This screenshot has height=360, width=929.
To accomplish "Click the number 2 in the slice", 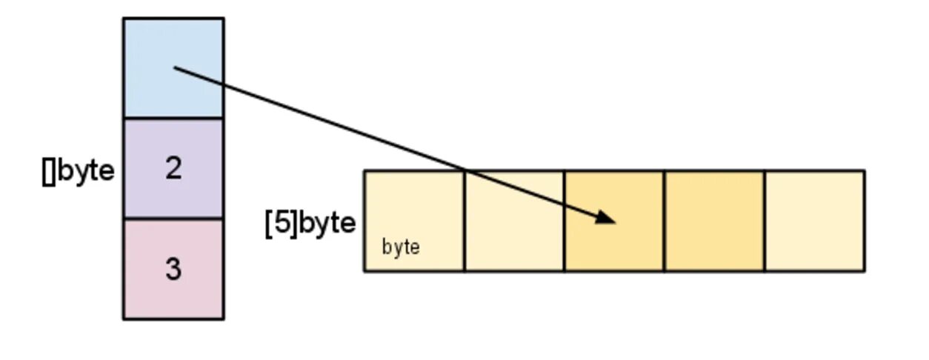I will point(173,169).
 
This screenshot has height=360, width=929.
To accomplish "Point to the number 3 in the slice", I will point(173,269).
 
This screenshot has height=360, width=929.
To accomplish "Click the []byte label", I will point(79,170).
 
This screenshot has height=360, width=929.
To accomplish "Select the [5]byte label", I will point(310,223).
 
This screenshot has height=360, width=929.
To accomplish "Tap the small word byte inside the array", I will point(401,247).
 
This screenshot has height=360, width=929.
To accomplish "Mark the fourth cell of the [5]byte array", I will point(713,221).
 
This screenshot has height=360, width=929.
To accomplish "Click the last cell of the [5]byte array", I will point(814,221).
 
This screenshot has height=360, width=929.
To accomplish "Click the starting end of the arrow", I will point(176,68).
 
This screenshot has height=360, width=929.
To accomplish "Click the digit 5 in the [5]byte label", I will point(282,223).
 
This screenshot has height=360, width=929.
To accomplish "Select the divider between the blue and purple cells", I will point(173,118).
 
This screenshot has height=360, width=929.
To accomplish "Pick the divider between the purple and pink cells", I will point(173,219).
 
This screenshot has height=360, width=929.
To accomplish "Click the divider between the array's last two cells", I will point(764,221).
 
